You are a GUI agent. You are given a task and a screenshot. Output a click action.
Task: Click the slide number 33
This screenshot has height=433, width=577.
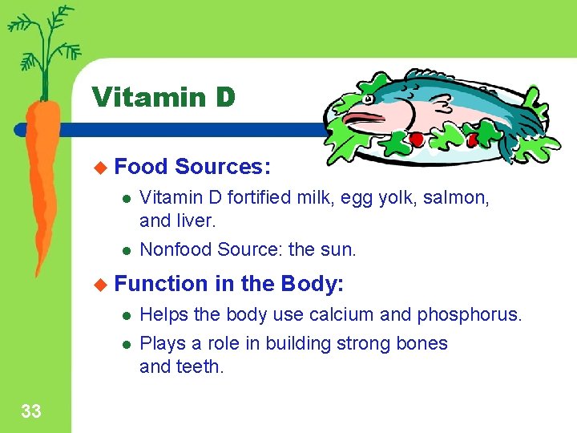(31, 412)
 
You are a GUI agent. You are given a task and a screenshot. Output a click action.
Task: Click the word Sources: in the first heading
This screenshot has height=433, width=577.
(223, 167)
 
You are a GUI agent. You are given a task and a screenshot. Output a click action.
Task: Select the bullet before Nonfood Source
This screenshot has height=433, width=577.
(125, 250)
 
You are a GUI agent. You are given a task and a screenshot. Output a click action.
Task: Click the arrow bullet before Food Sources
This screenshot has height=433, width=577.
(100, 167)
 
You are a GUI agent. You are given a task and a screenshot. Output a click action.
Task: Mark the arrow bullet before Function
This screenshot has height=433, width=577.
(100, 284)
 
